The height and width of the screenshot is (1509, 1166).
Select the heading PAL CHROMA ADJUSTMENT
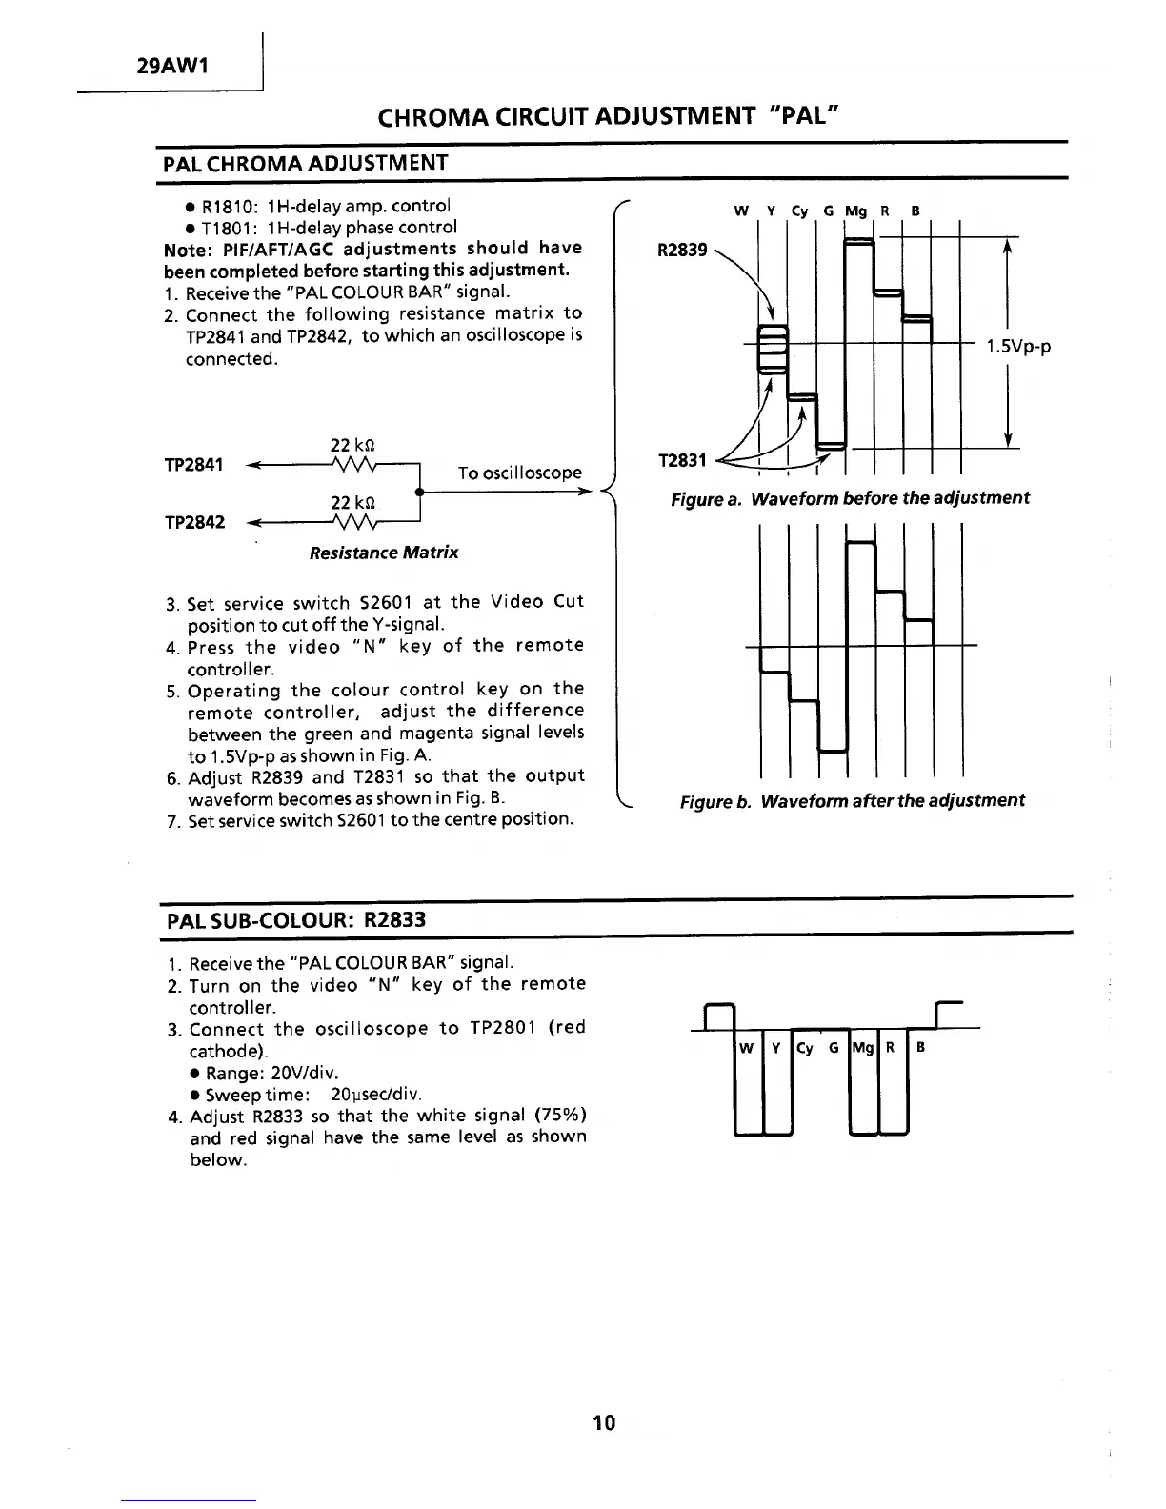[x=305, y=163]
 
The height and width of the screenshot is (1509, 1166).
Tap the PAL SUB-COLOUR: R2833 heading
[x=296, y=920]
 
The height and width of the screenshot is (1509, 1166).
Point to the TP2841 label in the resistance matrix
[x=193, y=464]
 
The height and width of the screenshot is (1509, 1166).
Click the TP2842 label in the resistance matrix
[x=194, y=522]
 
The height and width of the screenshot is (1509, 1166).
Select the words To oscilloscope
[x=519, y=473]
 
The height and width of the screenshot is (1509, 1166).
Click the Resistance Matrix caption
[x=384, y=553]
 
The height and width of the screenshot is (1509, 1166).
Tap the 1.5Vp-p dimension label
[x=1018, y=347]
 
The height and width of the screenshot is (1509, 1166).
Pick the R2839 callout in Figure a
[x=682, y=250]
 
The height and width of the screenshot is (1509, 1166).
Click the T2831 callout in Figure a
[x=682, y=461]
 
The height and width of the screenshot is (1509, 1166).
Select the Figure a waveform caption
[x=850, y=498]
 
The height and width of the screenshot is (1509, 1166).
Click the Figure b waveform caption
[x=852, y=800]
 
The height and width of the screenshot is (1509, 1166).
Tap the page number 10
[x=604, y=1423]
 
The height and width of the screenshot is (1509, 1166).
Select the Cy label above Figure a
[x=799, y=211]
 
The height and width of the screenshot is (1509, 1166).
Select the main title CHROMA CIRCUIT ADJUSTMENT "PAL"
[x=607, y=117]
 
